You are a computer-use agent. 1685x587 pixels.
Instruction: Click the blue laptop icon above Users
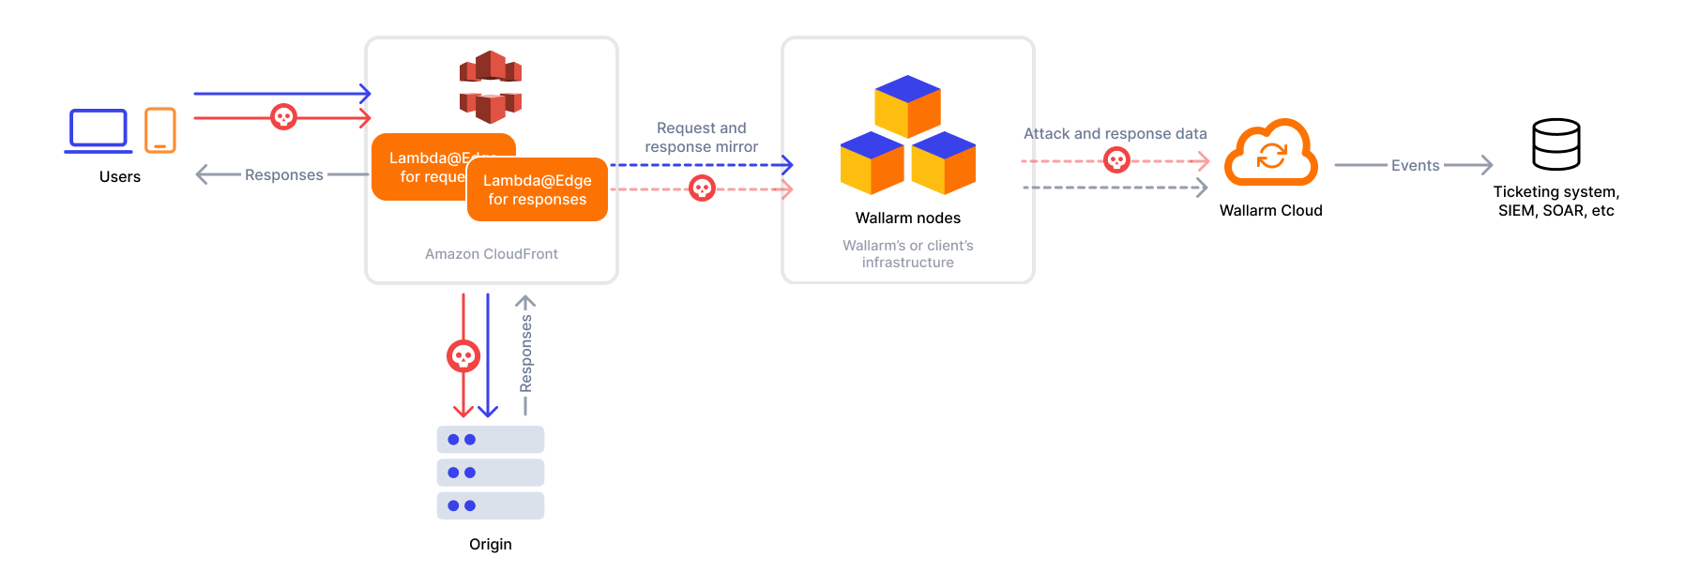pos(99,130)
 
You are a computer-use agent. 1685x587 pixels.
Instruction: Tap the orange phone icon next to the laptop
pos(160,130)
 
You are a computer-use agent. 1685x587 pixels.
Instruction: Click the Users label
pos(120,176)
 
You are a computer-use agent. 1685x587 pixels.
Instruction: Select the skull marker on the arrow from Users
pos(283,117)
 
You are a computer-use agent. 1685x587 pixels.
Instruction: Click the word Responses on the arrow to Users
pos(283,174)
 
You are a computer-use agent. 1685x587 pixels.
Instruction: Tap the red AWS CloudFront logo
pos(491,87)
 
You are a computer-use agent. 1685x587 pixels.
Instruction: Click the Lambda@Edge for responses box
pos(538,190)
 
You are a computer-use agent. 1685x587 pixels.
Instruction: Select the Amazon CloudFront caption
pos(491,254)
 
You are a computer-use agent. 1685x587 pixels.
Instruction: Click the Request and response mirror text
pos(701,137)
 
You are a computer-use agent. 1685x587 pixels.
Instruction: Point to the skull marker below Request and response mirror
pos(702,188)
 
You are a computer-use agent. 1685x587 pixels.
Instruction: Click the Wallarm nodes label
pos(907,218)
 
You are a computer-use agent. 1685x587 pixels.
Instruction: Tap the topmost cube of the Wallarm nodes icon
pos(907,105)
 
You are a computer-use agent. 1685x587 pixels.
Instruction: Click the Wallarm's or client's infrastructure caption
pos(907,254)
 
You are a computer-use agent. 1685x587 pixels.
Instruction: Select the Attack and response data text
pos(1115,133)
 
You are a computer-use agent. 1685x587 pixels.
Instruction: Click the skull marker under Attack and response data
pos(1116,161)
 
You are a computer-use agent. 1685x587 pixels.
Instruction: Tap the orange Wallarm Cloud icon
pos(1271,153)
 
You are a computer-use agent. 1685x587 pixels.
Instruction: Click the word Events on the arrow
pos(1415,165)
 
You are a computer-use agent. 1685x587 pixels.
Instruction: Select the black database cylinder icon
pos(1556,144)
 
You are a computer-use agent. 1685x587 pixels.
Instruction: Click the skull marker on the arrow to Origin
pos(463,356)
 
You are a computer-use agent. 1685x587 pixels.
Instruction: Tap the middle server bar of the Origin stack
pos(490,473)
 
